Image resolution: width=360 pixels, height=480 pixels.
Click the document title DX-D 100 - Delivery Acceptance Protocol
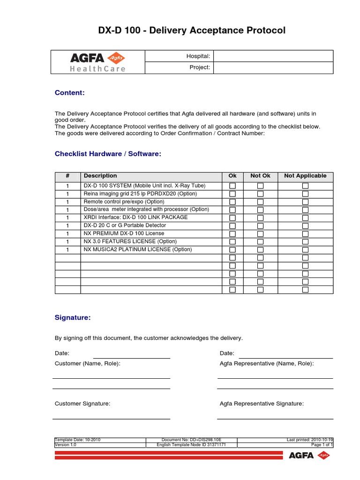pos(191,31)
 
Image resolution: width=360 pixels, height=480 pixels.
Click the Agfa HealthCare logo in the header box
pos(98,62)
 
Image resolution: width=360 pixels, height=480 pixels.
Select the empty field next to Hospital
pos(273,56)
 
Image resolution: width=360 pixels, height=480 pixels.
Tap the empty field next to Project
pos(273,68)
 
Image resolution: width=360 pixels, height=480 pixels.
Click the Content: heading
pos(70,93)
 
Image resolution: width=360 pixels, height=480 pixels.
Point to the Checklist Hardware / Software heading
pos(108,154)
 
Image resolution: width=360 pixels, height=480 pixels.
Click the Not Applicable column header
pos(305,176)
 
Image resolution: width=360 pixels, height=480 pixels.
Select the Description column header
pos(100,176)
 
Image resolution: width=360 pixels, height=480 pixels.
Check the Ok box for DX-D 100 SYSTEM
pos(232,186)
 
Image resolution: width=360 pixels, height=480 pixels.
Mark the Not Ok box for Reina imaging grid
pos(260,194)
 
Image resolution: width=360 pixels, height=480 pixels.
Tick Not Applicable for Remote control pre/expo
pos(305,202)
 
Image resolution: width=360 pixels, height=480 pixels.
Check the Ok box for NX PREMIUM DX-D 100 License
pos(232,234)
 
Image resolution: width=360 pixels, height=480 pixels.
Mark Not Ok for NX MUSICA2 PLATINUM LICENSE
pos(260,250)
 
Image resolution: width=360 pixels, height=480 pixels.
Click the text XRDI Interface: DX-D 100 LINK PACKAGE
pos(135,217)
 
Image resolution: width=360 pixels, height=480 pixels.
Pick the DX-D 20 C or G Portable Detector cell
pos(125,225)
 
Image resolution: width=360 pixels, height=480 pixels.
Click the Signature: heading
pos(73,318)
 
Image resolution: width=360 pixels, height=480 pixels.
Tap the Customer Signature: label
pos(82,404)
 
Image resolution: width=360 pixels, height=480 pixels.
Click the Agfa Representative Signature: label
pos(262,404)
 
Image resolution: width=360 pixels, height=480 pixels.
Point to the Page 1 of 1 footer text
pos(322,445)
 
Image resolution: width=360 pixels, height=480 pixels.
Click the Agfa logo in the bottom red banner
pos(309,455)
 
